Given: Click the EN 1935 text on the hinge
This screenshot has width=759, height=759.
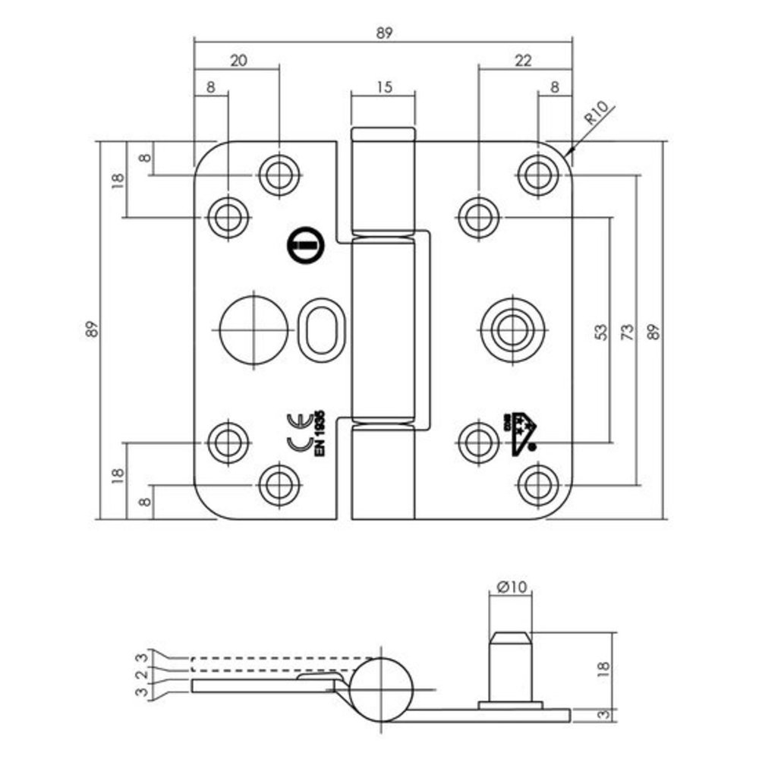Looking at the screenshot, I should (320, 433).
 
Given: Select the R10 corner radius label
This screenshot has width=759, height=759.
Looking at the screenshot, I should (597, 118).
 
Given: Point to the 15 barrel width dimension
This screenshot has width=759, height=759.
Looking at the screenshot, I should (383, 86).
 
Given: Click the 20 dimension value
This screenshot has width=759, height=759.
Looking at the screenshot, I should (238, 62).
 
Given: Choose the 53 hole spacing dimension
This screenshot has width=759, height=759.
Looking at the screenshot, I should (600, 331).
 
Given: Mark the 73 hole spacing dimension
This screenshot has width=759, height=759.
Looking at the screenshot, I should (627, 331).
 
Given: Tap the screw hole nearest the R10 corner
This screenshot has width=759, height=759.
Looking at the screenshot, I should (537, 175).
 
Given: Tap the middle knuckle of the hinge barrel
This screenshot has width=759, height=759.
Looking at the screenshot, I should (384, 326).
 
